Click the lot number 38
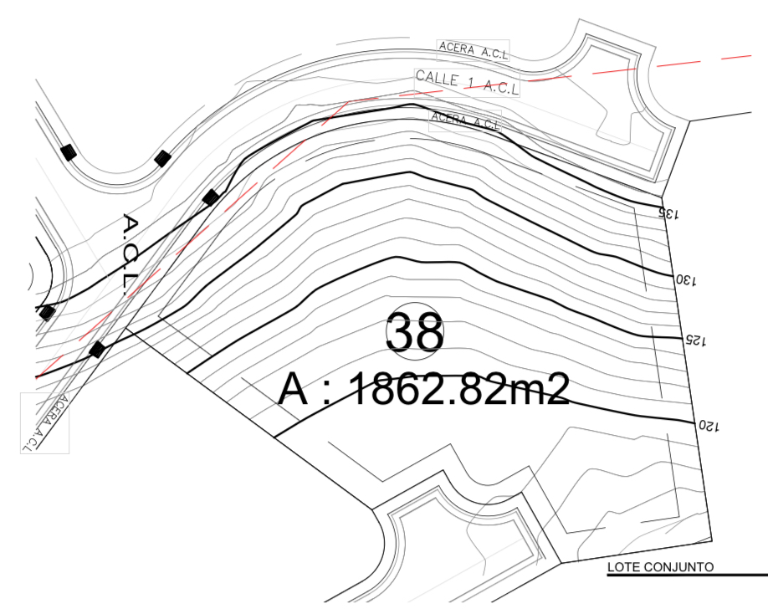(x=415, y=331)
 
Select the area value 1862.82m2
(x=461, y=389)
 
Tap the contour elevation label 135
(x=668, y=213)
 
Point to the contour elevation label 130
(x=686, y=280)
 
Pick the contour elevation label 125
(x=695, y=340)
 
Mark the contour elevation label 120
(x=709, y=426)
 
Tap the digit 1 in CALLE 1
(x=471, y=83)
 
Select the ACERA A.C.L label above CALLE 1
(x=474, y=50)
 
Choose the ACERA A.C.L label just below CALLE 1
(x=465, y=120)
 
